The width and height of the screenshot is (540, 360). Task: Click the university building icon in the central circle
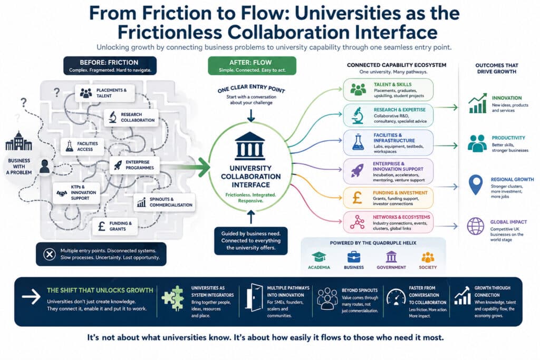coord(250,146)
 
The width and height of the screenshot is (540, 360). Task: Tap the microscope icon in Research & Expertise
coord(358,115)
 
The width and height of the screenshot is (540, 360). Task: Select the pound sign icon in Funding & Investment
coord(357,198)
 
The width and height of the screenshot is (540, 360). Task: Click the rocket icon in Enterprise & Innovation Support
coord(357,170)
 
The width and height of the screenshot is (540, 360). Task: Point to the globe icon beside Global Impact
coord(476,226)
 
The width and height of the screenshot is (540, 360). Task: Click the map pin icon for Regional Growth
coord(476,184)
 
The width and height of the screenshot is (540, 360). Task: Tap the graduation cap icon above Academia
coord(319,257)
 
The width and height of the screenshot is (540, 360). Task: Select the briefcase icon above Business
coord(354,257)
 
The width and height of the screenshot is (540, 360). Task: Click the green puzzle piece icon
coord(172,298)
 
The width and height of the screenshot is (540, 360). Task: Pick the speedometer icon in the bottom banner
coord(396,297)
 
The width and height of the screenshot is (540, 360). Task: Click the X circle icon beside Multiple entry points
coord(49,255)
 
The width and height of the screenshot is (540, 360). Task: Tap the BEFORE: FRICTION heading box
coord(110,65)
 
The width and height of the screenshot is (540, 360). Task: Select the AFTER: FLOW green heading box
coord(252,65)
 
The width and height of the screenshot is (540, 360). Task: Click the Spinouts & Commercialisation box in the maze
coord(165,202)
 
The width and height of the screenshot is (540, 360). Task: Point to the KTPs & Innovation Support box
coord(76,193)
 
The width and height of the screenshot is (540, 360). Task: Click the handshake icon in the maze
coord(62,193)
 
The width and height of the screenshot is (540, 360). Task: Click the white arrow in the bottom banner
coord(31,297)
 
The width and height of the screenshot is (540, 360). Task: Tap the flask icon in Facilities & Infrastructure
coord(358,142)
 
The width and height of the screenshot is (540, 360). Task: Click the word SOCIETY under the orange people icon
coord(428,267)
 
